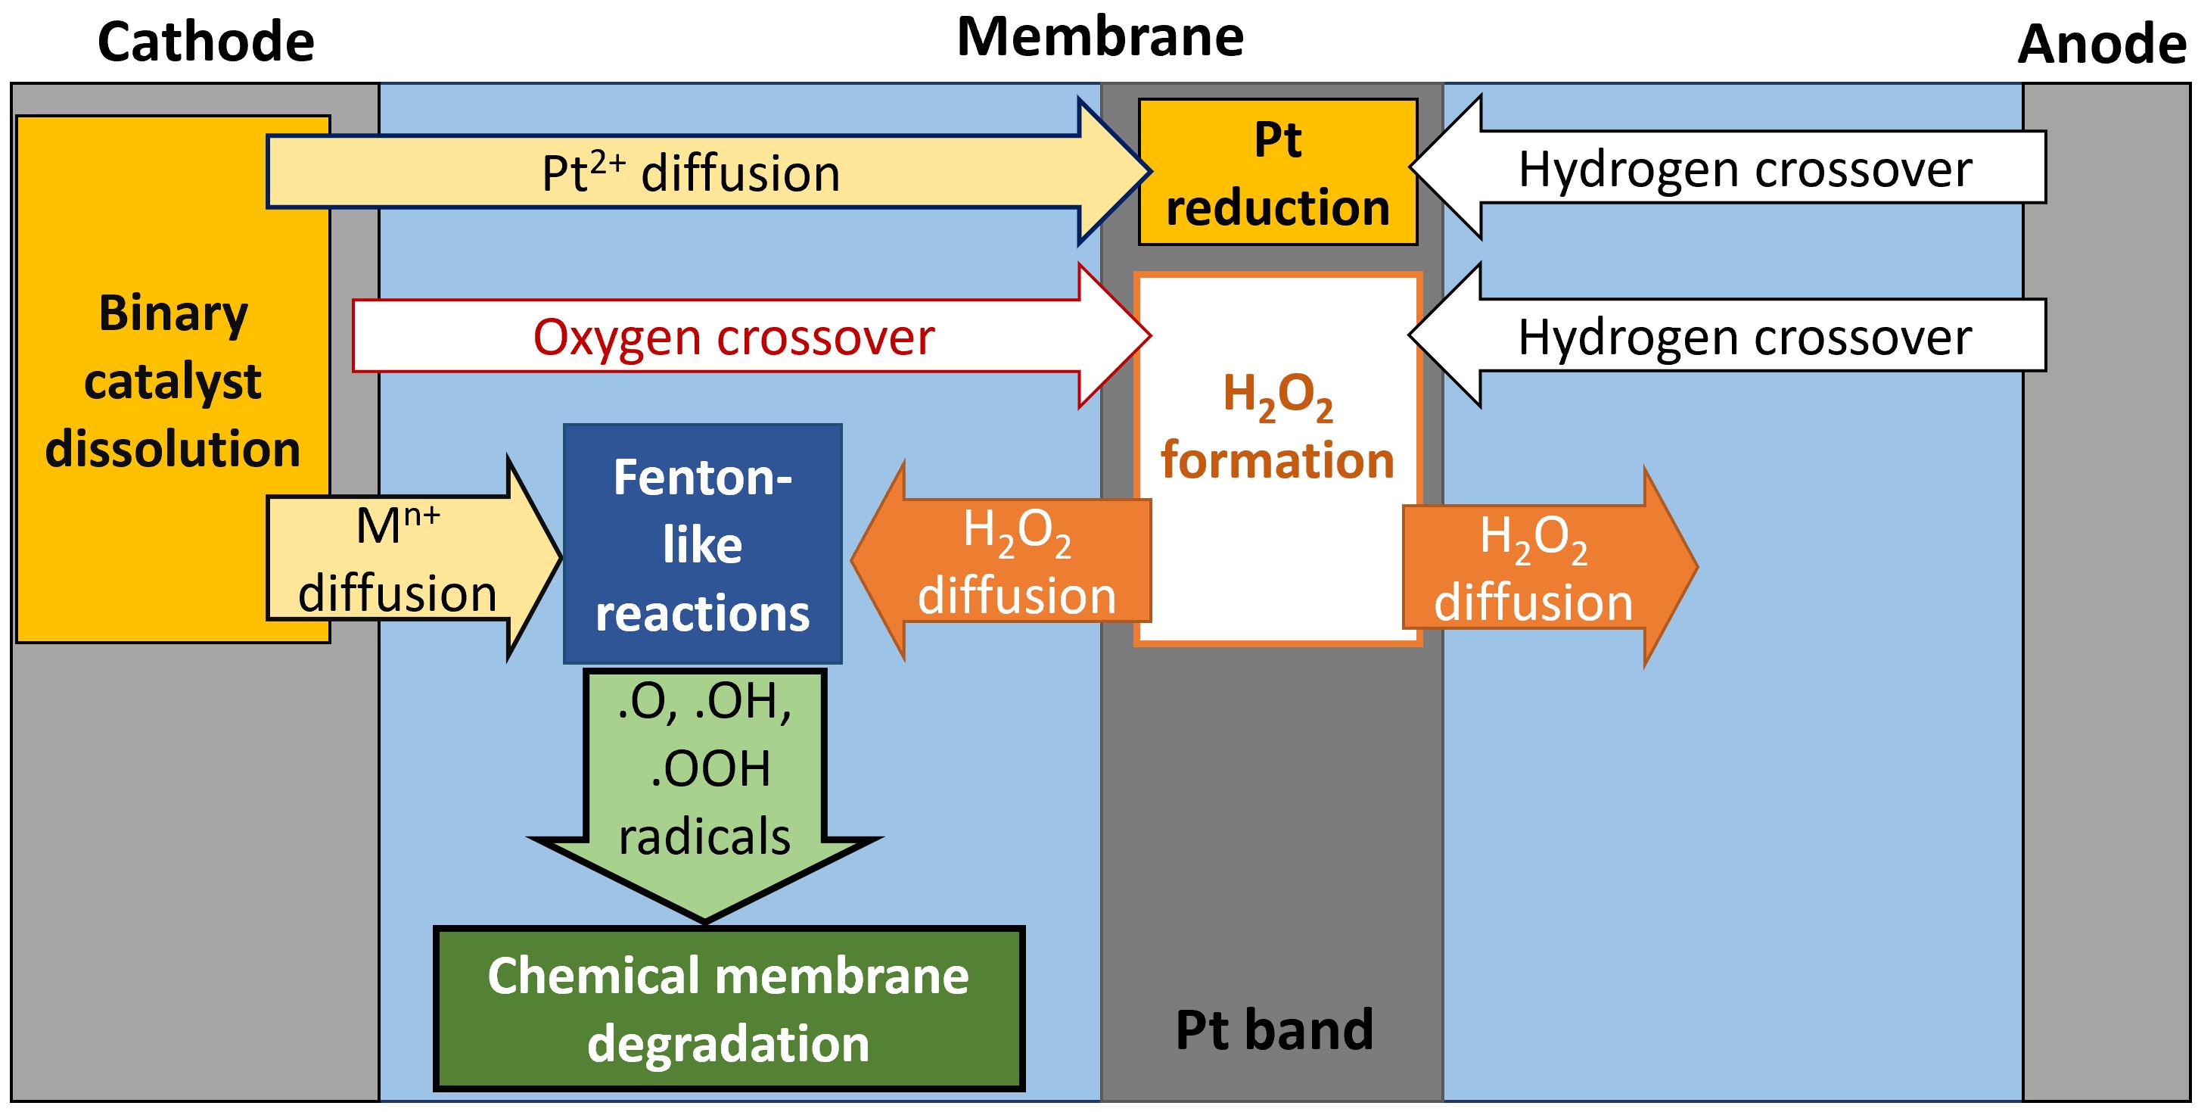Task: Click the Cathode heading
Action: point(206,42)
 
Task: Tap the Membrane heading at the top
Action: point(1100,38)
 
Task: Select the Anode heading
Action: point(2102,45)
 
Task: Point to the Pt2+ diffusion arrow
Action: point(691,173)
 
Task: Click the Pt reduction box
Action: point(1277,173)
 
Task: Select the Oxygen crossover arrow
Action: point(734,336)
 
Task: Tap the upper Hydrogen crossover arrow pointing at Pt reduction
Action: point(1745,168)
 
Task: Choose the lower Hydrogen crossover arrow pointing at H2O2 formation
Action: point(1745,336)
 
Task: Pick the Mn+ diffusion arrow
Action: point(398,559)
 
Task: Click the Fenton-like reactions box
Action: point(702,544)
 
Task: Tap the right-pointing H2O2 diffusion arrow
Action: point(1534,568)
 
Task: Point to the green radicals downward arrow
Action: point(704,768)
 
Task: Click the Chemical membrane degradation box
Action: point(729,1009)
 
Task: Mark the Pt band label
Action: point(1274,1029)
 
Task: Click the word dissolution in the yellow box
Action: point(173,449)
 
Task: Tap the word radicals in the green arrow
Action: point(704,836)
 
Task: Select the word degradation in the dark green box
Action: point(729,1043)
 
